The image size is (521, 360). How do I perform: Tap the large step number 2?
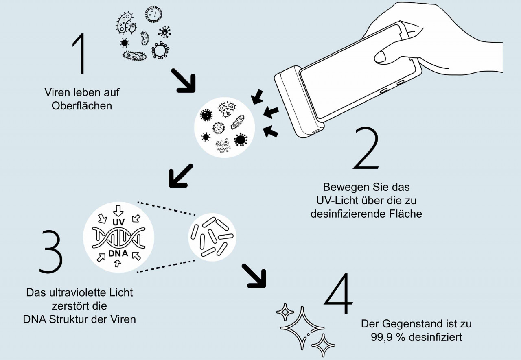[x=367, y=148]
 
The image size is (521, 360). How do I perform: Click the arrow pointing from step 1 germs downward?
[x=183, y=80]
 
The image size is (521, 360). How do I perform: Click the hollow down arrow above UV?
[x=118, y=210]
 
